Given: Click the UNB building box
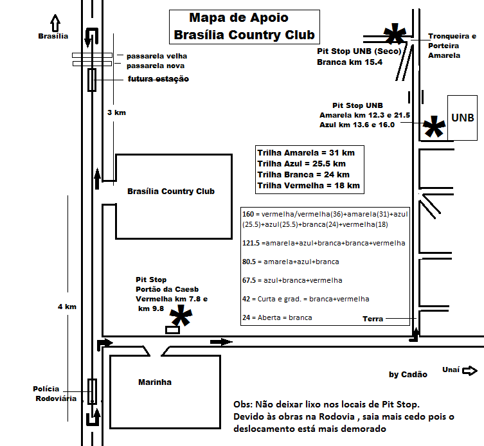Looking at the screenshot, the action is click(462, 118).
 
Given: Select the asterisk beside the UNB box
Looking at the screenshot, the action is click(434, 127).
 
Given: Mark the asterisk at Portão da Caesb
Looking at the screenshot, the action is click(181, 316).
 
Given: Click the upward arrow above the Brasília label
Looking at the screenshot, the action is click(55, 23).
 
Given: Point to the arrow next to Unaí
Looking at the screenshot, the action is click(470, 370).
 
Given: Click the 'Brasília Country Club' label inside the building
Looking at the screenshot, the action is click(171, 192).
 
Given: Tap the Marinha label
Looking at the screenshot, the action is click(155, 382).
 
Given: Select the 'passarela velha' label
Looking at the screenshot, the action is click(157, 56).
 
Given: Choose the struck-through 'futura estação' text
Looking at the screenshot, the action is click(158, 79).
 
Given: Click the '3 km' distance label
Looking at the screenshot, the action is click(116, 112).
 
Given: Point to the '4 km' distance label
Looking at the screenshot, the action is click(67, 307).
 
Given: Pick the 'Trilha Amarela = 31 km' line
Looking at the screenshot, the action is click(306, 153).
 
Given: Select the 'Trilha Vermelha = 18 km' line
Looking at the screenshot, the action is click(309, 186).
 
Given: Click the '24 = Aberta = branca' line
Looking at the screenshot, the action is click(277, 317).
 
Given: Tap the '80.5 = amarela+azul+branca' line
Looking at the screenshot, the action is click(291, 262).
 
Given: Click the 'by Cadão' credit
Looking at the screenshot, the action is click(408, 375).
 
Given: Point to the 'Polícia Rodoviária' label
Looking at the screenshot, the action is click(55, 393).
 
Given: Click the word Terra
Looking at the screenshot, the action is click(373, 319).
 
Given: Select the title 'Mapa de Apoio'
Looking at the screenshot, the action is click(238, 17).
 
